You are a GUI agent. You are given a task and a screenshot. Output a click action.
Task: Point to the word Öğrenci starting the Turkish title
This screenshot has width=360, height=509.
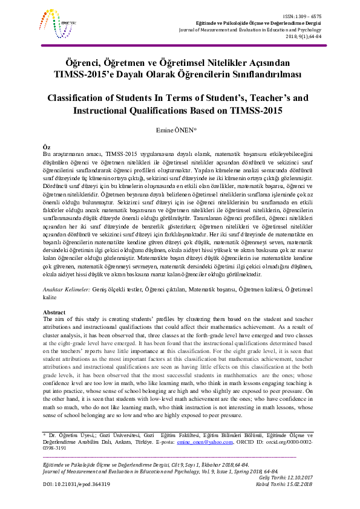tap(83, 63)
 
